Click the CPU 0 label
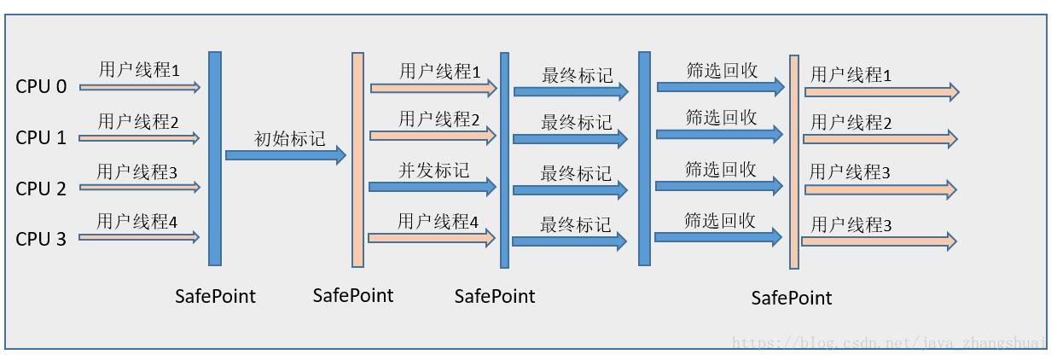[x=41, y=86]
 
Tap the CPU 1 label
[x=41, y=137]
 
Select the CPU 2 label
[x=41, y=189]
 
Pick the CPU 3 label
[x=41, y=239]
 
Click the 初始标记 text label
[x=290, y=138]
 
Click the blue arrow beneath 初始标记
[x=285, y=155]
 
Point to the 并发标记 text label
[x=433, y=170]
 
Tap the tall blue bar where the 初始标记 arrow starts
[x=215, y=158]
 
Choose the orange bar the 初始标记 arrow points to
[x=357, y=160]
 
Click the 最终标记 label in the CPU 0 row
[x=577, y=75]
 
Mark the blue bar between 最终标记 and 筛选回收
[x=644, y=158]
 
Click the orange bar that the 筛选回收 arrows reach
[x=794, y=161]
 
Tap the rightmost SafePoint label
[x=791, y=298]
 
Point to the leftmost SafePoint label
[x=215, y=296]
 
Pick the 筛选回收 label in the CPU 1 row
[x=721, y=118]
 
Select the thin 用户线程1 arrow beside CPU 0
[x=140, y=87]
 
